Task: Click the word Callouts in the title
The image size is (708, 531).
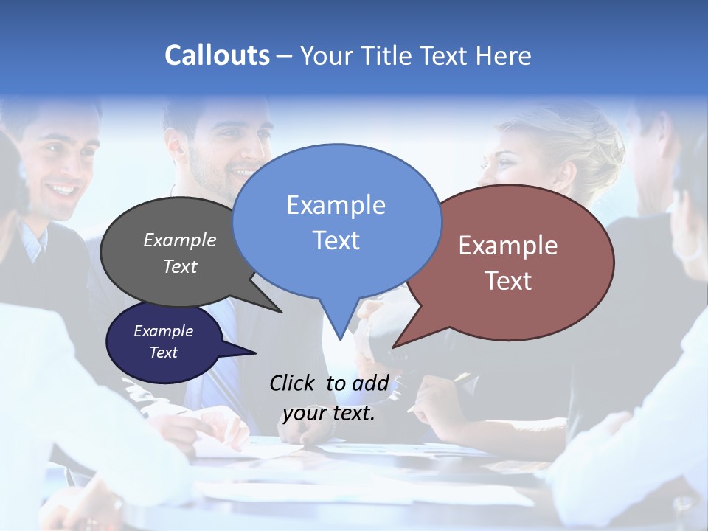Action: (x=217, y=55)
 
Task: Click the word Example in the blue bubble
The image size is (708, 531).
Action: (x=336, y=204)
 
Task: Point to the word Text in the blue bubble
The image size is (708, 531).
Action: (x=336, y=240)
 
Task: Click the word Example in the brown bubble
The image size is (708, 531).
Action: (x=508, y=245)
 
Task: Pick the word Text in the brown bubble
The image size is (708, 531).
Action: (x=508, y=280)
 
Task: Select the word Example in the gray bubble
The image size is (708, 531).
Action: (x=180, y=240)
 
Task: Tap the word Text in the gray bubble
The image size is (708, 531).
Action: (x=180, y=266)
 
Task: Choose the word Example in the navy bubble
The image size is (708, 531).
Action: (x=163, y=331)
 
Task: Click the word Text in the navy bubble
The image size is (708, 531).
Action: (x=163, y=353)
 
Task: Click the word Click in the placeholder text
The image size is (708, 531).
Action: (x=294, y=382)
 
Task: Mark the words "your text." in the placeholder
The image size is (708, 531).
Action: (x=329, y=412)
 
